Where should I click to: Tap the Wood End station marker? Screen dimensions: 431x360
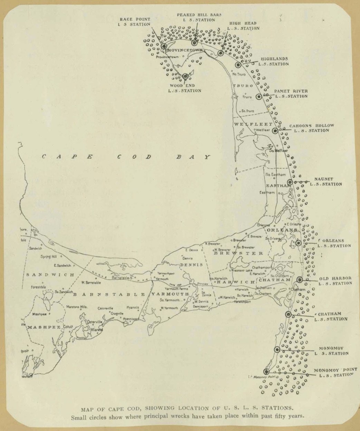click(x=185, y=76)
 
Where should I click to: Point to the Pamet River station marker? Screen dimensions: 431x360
click(x=259, y=97)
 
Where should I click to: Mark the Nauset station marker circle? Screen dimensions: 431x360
click(x=290, y=182)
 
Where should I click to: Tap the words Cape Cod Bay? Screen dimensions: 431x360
click(x=126, y=157)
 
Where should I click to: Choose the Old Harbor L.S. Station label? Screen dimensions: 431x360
click(x=335, y=281)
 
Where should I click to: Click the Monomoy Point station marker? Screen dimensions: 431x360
click(x=266, y=372)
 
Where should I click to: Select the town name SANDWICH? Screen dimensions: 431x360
click(x=50, y=275)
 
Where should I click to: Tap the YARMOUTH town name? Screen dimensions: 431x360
click(x=170, y=294)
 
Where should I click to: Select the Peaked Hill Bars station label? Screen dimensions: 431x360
click(x=199, y=18)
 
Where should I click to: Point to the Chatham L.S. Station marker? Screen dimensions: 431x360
click(x=288, y=314)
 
